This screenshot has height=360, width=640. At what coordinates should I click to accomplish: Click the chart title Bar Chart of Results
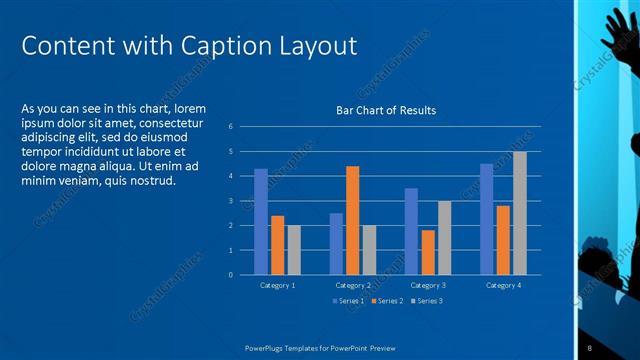(x=385, y=110)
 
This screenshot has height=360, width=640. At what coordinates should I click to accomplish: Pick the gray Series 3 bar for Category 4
(x=520, y=213)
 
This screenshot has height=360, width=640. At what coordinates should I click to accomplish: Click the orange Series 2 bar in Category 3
(x=428, y=252)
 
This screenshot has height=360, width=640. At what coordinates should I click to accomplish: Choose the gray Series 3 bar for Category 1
(x=294, y=250)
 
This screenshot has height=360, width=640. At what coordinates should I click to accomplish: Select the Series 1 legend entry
(x=349, y=300)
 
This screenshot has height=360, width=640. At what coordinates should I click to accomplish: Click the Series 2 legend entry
(x=388, y=300)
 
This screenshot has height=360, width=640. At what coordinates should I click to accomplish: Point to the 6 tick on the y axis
(x=231, y=127)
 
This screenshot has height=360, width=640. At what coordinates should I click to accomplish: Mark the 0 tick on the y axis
(x=231, y=275)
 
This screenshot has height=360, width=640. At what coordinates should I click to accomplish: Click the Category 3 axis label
(x=428, y=286)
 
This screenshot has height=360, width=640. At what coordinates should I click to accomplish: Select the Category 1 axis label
(x=277, y=286)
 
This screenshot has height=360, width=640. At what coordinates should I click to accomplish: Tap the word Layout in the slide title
(x=315, y=46)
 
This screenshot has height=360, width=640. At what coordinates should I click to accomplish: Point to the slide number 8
(x=590, y=347)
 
